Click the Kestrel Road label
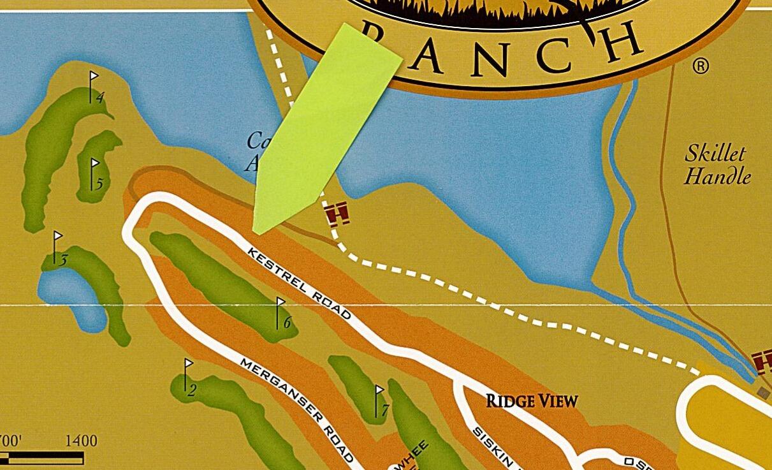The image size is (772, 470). pyautogui.click(x=299, y=283)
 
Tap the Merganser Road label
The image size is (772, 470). pyautogui.click(x=296, y=409)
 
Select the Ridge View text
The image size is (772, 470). pyautogui.click(x=532, y=401)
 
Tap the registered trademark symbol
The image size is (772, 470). pyautogui.click(x=700, y=66)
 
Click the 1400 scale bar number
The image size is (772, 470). pyautogui.click(x=81, y=441)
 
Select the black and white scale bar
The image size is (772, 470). pyautogui.click(x=42, y=458)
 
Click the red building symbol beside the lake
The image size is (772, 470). pyautogui.click(x=337, y=214)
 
